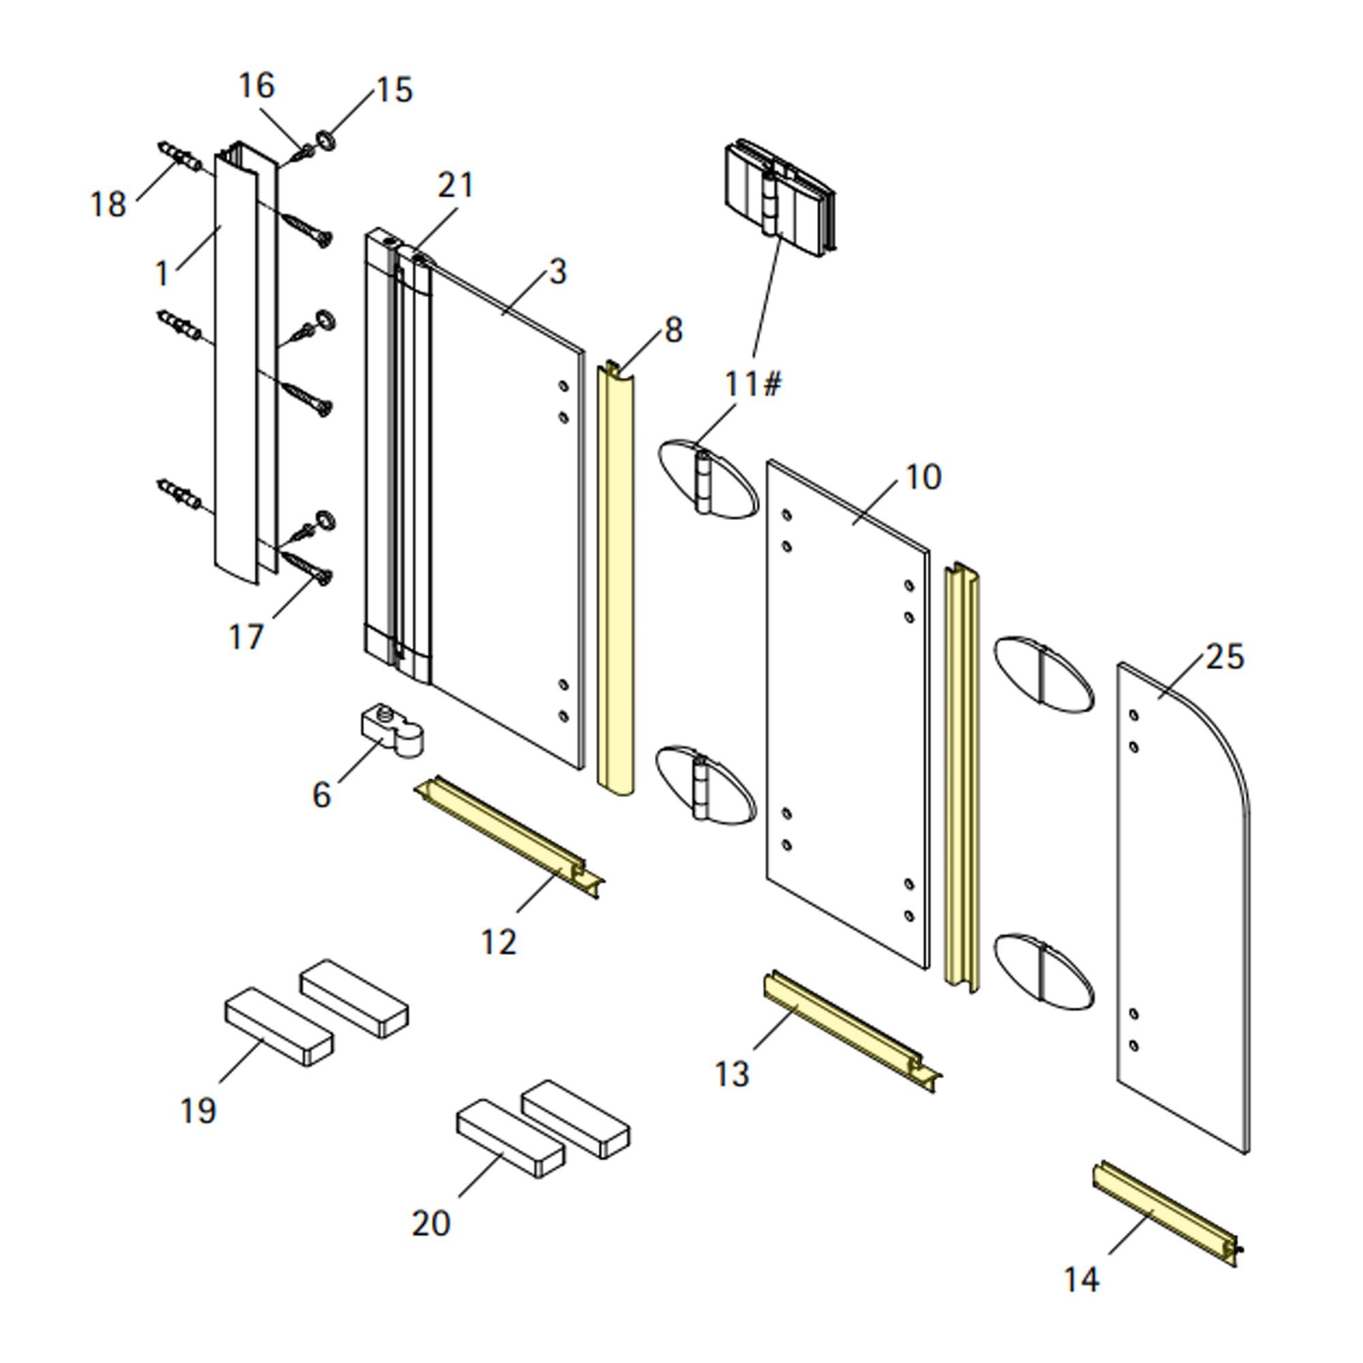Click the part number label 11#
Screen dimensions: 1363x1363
coord(753,384)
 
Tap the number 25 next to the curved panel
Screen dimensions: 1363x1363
coord(1225,657)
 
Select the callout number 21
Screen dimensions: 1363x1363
coord(456,185)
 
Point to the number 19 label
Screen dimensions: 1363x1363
coord(198,1110)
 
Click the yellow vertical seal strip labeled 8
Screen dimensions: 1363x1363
coord(616,579)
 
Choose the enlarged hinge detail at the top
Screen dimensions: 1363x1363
coord(780,198)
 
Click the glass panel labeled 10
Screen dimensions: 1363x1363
coord(846,713)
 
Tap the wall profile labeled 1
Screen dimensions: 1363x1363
coord(235,367)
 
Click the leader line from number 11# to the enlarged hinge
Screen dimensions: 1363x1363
coord(767,296)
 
